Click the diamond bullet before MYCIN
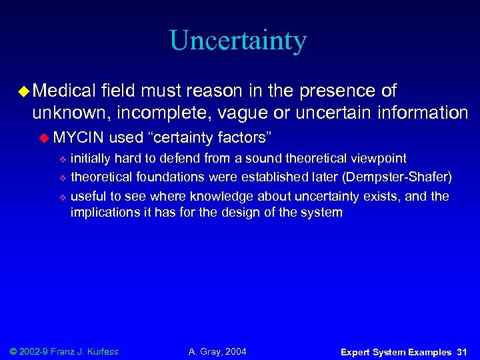pos(45,138)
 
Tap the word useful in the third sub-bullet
pos(87,196)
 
